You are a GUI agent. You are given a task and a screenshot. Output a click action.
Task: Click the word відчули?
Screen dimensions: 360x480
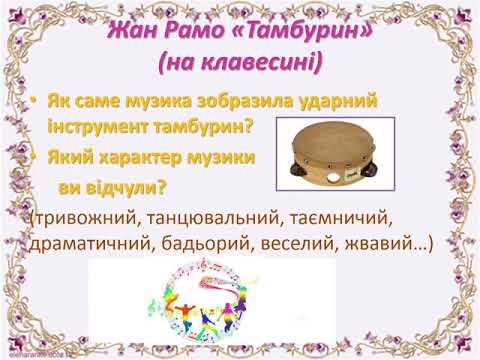coord(129,187)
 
